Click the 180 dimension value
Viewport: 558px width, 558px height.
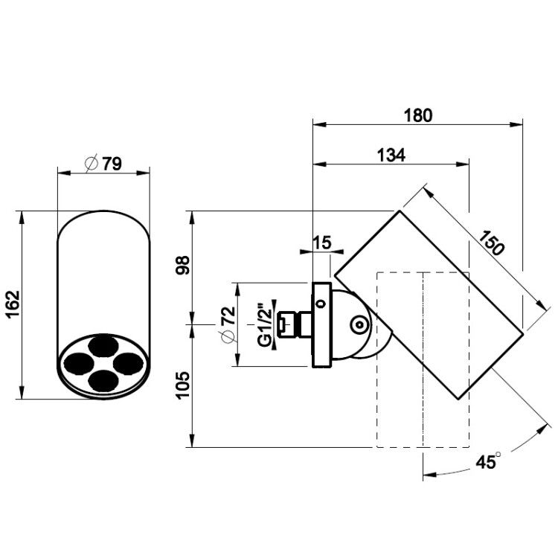(418, 115)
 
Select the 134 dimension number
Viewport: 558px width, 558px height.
(391, 155)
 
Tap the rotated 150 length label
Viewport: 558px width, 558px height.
(492, 243)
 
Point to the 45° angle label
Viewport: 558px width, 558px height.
(489, 461)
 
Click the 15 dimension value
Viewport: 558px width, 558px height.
(322, 243)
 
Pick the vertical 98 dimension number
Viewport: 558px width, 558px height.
(183, 265)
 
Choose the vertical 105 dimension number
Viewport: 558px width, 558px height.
(183, 385)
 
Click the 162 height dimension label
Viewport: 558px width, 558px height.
(13, 304)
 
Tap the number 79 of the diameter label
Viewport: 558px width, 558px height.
(112, 164)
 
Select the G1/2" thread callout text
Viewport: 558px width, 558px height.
(265, 324)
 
